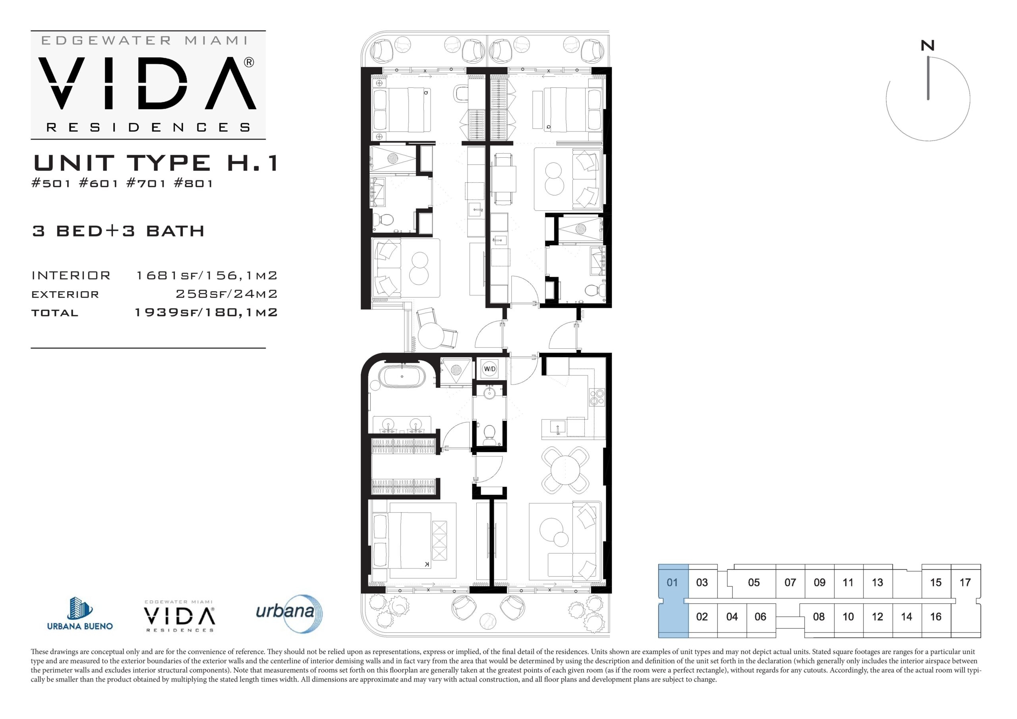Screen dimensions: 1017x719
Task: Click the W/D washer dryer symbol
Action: point(489,369)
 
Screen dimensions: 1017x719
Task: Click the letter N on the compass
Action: point(928,46)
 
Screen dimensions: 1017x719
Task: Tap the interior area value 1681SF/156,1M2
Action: point(207,276)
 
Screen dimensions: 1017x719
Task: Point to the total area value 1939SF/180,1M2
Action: point(206,313)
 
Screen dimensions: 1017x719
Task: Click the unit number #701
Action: point(146,184)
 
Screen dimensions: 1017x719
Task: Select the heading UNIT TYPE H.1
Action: point(156,162)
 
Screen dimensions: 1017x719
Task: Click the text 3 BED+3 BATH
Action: point(118,231)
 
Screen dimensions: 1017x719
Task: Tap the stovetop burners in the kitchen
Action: point(596,397)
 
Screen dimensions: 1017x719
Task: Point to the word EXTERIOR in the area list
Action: point(65,295)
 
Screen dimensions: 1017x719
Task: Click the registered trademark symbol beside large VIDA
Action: point(249,62)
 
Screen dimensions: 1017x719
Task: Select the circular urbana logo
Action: point(289,614)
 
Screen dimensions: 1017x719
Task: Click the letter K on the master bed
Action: point(427,564)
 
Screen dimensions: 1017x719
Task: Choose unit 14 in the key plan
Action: point(906,617)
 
